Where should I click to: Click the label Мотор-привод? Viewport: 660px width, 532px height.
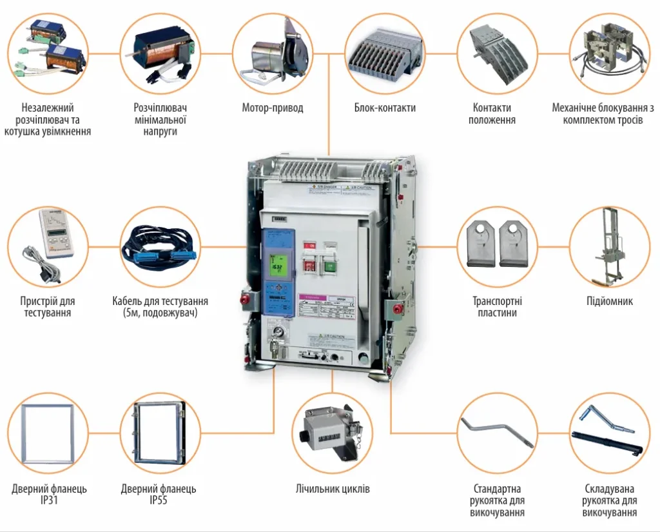[272, 108]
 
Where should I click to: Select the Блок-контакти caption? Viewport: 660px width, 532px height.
[385, 108]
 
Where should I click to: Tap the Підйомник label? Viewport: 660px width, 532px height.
[610, 301]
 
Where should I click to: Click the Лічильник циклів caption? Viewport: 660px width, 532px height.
[333, 489]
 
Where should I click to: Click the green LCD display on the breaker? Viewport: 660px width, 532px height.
[278, 265]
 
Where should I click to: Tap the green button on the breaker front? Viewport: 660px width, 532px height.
[331, 266]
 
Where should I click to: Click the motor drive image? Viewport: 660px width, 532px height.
[273, 54]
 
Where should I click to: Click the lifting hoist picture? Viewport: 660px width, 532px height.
[609, 245]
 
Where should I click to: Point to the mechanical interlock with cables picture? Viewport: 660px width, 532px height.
[610, 54]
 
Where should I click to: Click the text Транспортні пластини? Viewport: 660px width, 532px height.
[497, 307]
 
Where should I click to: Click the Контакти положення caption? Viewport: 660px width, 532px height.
[492, 114]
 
